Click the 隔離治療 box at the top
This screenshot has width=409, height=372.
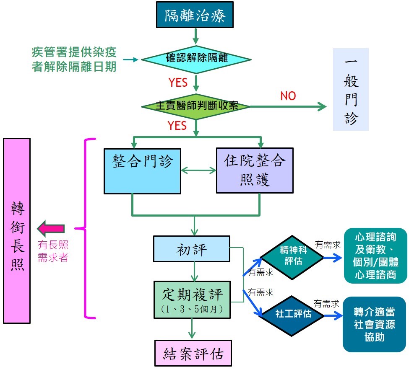click(195, 16)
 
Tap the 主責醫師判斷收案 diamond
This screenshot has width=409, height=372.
click(196, 106)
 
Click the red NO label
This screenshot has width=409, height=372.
click(288, 96)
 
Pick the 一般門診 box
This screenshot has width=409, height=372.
click(351, 89)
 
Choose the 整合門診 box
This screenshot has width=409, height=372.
click(142, 170)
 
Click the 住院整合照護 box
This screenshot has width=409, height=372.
click(254, 170)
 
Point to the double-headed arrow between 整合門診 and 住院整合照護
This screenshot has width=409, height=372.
click(198, 170)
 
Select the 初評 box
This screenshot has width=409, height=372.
click(191, 250)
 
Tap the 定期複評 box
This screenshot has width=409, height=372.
click(192, 299)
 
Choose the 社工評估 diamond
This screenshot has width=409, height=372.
click(292, 313)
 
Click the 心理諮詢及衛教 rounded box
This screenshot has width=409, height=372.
click(375, 256)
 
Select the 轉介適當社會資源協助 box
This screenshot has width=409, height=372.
click(375, 324)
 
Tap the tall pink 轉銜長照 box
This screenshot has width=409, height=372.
click(17, 231)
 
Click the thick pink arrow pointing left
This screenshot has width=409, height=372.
click(51, 229)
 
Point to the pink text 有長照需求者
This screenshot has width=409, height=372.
click(53, 251)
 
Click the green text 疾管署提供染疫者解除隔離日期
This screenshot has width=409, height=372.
click(74, 59)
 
